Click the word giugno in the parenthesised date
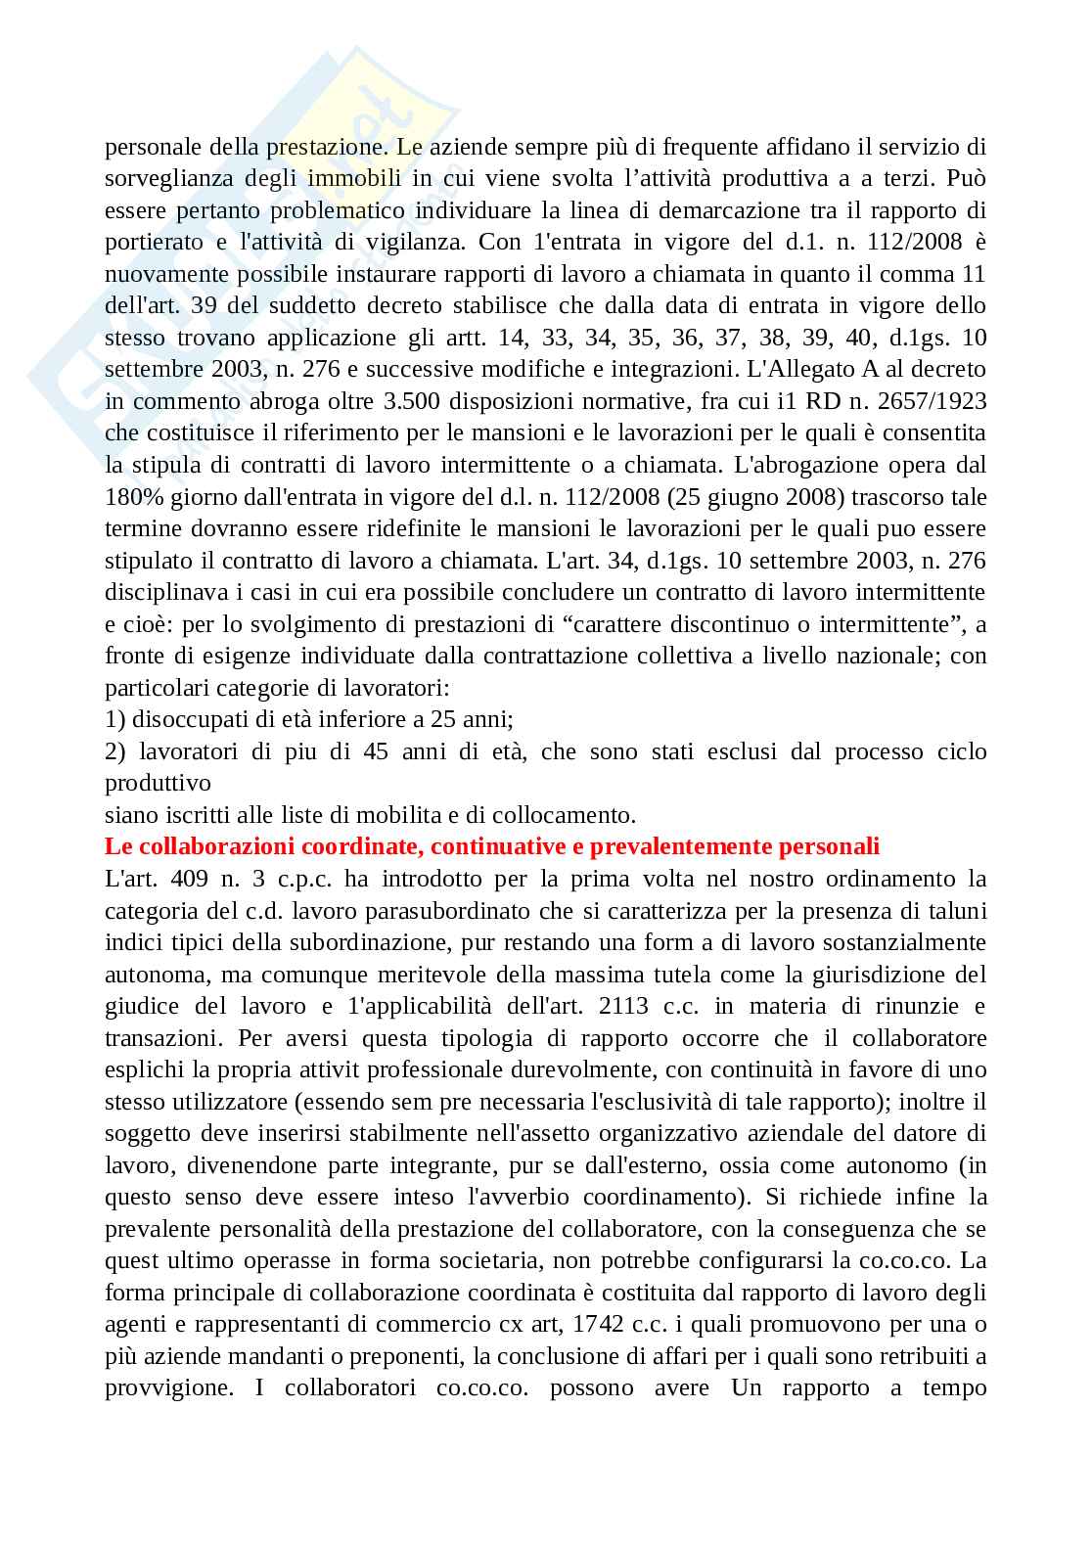coord(740,497)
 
